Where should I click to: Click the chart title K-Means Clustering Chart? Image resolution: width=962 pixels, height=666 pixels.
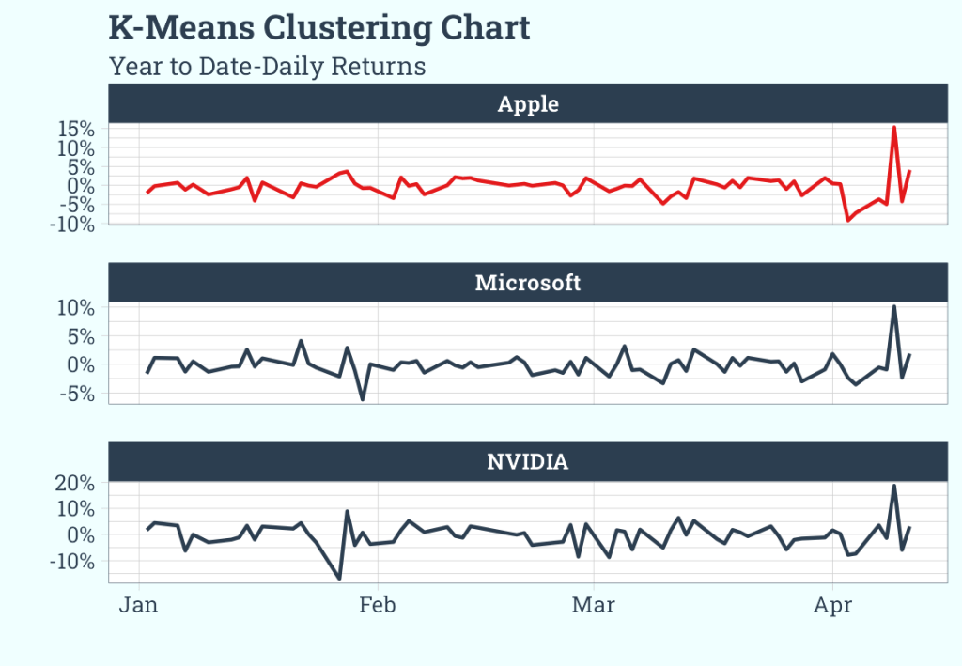(x=319, y=28)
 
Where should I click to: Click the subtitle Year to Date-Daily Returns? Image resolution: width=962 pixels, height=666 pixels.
(x=267, y=67)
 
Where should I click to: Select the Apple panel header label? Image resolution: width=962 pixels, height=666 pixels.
(x=528, y=103)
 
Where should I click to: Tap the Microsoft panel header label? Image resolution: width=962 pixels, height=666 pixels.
(x=528, y=282)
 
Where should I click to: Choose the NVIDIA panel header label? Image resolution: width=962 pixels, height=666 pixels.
(x=528, y=461)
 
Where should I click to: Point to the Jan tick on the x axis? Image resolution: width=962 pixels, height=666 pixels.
(x=139, y=605)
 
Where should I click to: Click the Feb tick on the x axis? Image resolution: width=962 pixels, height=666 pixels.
(x=378, y=605)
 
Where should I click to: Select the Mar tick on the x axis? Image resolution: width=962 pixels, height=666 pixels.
(x=594, y=605)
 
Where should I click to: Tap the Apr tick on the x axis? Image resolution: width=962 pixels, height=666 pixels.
(x=832, y=605)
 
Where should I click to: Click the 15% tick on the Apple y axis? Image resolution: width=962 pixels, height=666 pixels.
(x=78, y=129)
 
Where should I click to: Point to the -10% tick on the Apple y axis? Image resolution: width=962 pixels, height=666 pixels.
(x=75, y=225)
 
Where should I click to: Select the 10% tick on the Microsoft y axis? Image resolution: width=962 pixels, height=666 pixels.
(x=78, y=308)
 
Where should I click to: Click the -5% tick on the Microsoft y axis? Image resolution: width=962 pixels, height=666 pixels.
(x=78, y=394)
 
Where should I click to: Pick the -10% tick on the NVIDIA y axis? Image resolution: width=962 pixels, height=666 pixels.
(x=75, y=561)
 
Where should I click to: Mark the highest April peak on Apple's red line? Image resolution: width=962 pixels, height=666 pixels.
(x=894, y=127)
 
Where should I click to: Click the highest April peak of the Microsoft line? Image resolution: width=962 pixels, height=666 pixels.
(x=894, y=306)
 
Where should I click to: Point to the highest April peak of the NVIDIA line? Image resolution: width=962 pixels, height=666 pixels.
(x=894, y=486)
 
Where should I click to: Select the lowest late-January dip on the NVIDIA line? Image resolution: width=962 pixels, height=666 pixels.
(x=339, y=579)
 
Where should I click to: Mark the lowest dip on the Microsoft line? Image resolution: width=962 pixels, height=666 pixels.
(x=363, y=399)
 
